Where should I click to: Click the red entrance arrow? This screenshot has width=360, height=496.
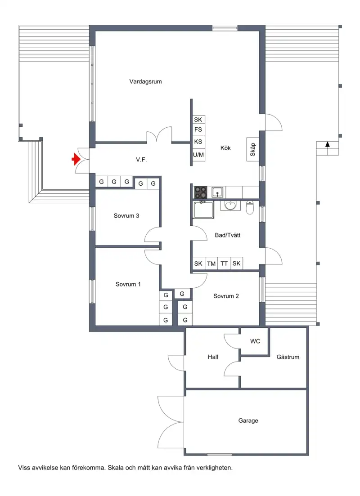(76, 159)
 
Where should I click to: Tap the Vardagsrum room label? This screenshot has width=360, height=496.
(145, 81)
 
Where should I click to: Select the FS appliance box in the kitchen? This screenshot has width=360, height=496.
(198, 130)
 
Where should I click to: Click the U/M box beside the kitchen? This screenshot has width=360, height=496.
(198, 155)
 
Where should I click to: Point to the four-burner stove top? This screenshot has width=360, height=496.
(200, 192)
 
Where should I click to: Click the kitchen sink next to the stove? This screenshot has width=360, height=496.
(217, 192)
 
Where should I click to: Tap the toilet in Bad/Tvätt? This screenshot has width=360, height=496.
(250, 207)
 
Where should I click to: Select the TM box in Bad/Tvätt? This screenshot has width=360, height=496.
(211, 264)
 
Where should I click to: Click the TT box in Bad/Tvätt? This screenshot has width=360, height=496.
(224, 264)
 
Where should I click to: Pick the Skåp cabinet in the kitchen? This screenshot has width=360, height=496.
(252, 149)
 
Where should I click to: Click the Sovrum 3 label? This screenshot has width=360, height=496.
(126, 216)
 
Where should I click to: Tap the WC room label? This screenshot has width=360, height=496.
(255, 341)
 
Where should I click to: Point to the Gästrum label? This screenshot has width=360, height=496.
(288, 357)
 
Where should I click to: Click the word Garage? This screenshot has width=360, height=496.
(248, 421)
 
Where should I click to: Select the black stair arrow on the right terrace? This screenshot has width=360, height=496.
(328, 144)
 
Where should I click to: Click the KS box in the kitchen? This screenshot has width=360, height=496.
(198, 142)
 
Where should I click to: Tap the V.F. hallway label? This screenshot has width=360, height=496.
(141, 160)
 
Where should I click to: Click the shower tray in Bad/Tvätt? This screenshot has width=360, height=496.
(203, 210)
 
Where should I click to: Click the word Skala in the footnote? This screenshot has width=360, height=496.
(115, 468)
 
